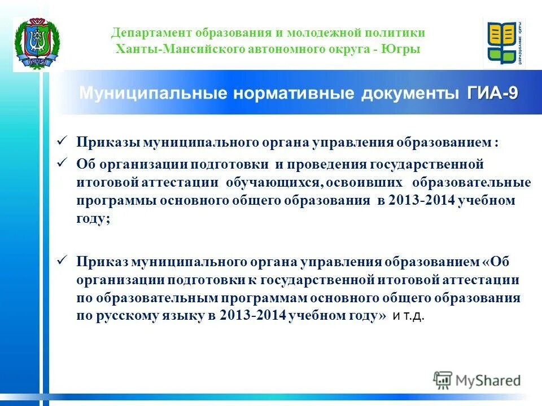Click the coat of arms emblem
pos(32,45)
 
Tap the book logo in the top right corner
pos(504,43)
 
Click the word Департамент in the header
pos(145,33)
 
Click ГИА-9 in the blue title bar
pos(492,93)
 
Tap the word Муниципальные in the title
pos(153,93)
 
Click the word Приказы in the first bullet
pos(108,143)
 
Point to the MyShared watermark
pos(477,380)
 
